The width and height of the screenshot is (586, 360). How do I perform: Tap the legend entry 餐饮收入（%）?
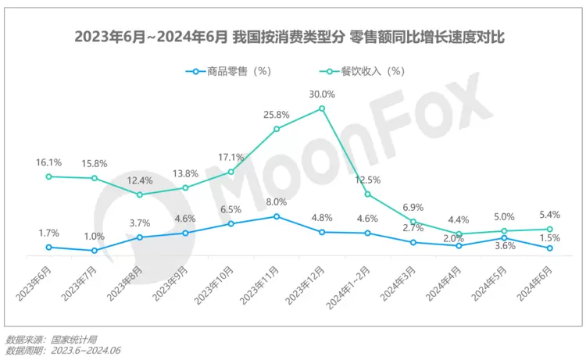pos(371,71)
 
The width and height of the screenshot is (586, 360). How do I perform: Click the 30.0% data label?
pos(322,94)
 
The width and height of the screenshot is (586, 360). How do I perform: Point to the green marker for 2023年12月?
pos(322,109)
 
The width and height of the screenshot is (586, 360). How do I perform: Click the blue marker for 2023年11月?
pos(277,216)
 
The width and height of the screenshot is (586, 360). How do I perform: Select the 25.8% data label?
pos(277,114)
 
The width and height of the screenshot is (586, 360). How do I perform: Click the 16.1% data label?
pos(48,162)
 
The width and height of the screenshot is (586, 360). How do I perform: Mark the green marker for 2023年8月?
pos(140,194)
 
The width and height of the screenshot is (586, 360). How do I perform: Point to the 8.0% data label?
pos(277,201)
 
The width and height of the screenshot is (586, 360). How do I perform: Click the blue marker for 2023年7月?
pos(95,251)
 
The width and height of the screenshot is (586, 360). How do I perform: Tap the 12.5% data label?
pos(367,180)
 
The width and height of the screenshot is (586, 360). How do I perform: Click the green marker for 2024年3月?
pos(413,222)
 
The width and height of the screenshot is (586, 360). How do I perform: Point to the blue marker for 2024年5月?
pos(505,237)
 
